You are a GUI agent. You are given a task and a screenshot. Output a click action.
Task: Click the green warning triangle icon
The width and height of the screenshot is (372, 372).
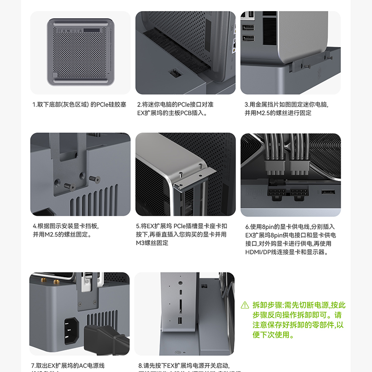(245, 306)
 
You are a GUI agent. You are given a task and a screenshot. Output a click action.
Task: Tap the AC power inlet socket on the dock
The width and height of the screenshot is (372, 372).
(68, 329)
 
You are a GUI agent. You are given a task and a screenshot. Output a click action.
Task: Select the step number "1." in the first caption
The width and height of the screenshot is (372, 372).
(34, 105)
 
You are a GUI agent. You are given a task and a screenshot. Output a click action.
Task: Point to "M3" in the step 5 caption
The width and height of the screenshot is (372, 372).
(140, 243)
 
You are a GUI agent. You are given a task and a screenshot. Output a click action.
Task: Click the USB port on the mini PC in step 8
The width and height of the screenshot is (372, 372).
(180, 320)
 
